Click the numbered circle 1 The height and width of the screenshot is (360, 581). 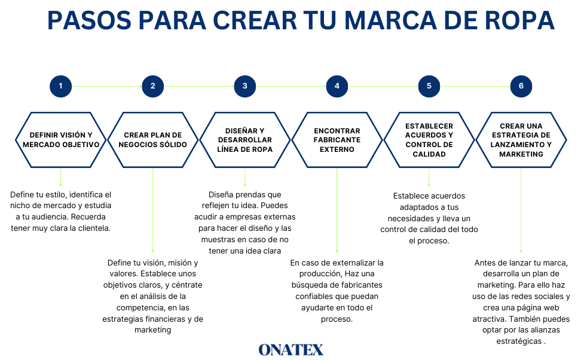coord(60,86)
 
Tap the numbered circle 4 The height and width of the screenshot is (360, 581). coord(337,86)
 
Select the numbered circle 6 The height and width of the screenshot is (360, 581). coord(521,86)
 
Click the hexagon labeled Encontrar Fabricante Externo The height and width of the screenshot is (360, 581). coord(337,140)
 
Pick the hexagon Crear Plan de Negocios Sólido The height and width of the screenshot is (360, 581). coord(152,140)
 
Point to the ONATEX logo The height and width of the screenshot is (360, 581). coord(291,350)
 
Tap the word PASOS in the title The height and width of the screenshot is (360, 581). coord(89,20)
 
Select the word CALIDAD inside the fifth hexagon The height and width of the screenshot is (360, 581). coord(429,154)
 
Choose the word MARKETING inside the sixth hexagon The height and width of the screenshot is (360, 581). coord(521,154)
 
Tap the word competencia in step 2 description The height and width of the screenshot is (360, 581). coord(152,308)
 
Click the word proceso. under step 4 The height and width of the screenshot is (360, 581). coord(337,319)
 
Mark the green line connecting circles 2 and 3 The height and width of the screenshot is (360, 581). coord(198,86)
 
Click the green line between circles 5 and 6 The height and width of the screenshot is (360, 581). coord(475,86)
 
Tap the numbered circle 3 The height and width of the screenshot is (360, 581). coord(244,86)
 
